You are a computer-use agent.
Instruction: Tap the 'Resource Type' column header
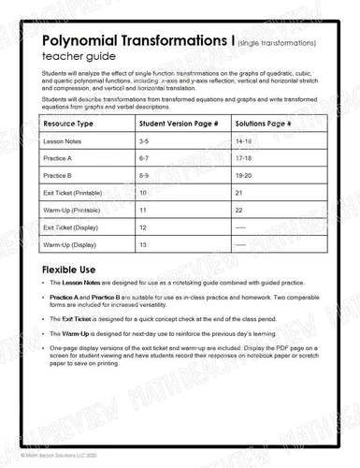point(68,124)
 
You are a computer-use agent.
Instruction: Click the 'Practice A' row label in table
point(60,157)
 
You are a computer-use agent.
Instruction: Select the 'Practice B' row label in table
point(60,175)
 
